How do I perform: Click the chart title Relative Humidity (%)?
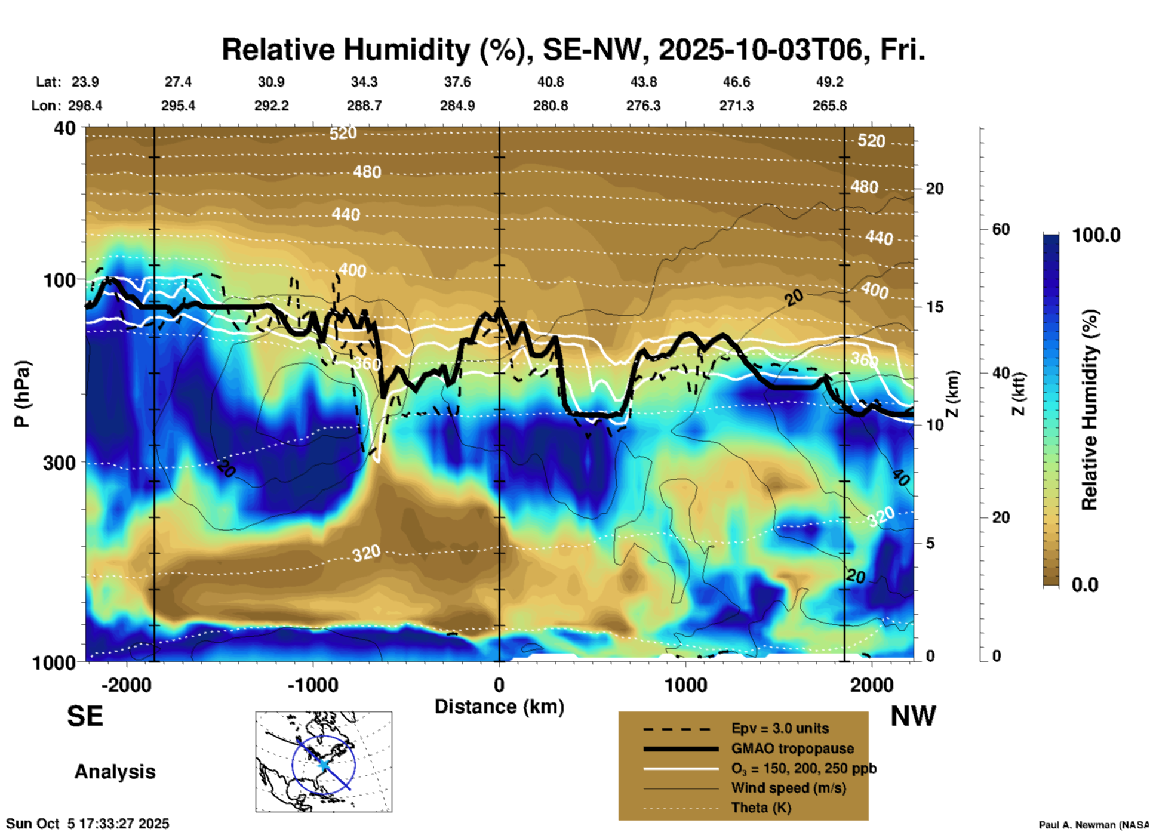coord(573,50)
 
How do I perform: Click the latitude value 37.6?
coord(457,82)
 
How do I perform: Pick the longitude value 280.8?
coord(550,106)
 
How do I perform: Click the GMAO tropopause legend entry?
coord(792,748)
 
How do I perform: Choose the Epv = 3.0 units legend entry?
coord(780,729)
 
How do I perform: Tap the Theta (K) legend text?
coord(761,808)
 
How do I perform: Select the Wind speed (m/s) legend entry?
coord(788,788)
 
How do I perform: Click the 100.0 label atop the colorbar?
coord(1096,235)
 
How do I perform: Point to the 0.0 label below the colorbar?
coord(1085,585)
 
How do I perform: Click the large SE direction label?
coord(85,716)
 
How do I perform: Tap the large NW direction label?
coord(912,716)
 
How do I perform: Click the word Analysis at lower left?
coord(115,772)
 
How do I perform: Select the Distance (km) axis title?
coord(499,707)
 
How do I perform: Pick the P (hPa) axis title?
coord(21,394)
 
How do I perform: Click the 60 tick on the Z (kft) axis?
coord(1001,229)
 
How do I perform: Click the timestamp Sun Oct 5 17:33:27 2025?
coord(88,824)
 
